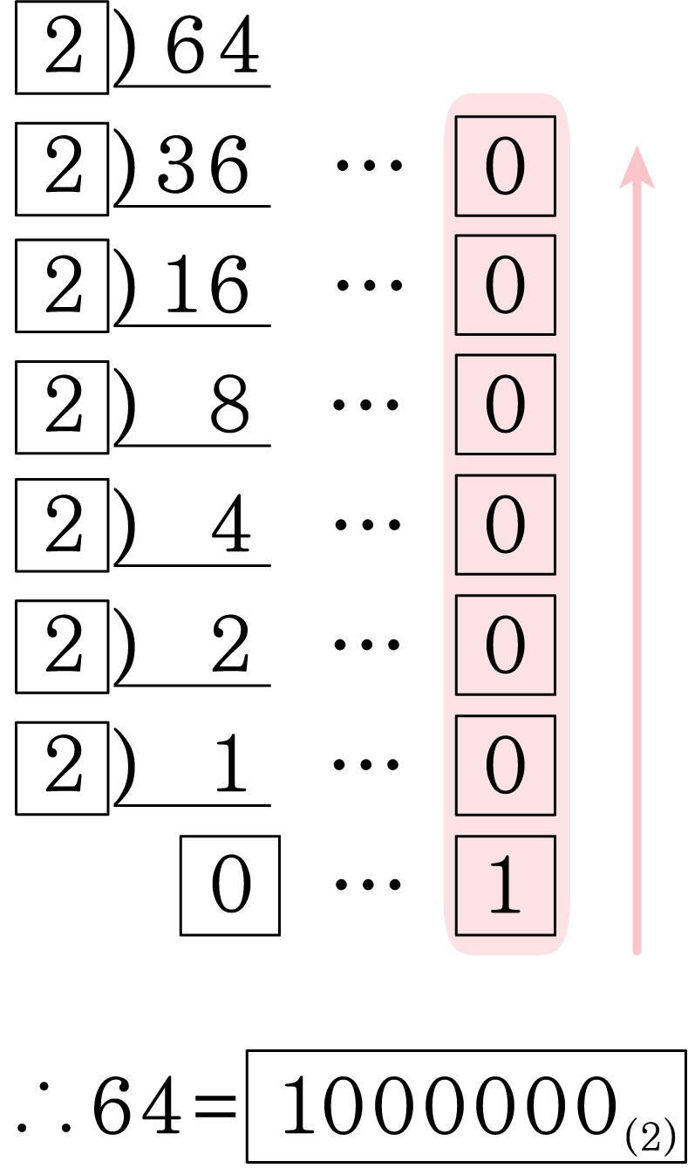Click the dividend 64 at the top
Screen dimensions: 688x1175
pyautogui.click(x=213, y=44)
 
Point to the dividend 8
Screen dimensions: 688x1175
pyautogui.click(x=229, y=404)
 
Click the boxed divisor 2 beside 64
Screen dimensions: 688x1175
pyautogui.click(x=62, y=48)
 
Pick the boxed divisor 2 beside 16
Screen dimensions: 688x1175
pyautogui.click(x=62, y=286)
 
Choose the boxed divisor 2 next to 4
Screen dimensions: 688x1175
pyautogui.click(x=62, y=525)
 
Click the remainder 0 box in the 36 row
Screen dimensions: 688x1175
pyautogui.click(x=506, y=166)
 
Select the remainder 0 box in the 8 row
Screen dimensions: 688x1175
pyautogui.click(x=506, y=405)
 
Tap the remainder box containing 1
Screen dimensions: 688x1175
pyautogui.click(x=506, y=885)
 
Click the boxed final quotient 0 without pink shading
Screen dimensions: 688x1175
pyautogui.click(x=230, y=885)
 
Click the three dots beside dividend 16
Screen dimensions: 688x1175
pyautogui.click(x=369, y=285)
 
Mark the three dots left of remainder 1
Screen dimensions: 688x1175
pyautogui.click(x=368, y=885)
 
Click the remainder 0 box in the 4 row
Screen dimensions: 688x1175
pyautogui.click(x=506, y=524)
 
